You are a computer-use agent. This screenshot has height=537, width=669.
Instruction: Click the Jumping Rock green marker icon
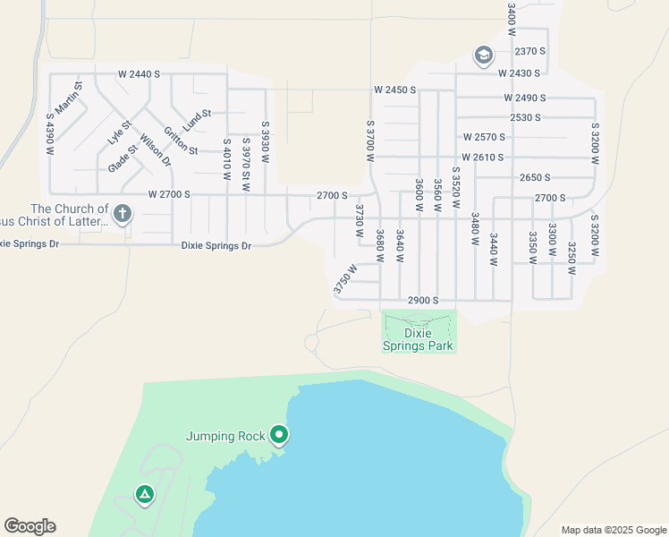point(279,436)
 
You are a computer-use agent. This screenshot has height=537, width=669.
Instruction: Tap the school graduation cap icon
point(484,55)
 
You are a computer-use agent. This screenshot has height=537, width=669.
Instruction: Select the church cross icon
point(123,214)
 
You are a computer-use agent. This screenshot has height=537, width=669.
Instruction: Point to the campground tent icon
point(143,494)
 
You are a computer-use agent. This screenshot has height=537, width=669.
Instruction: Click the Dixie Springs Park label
point(419,339)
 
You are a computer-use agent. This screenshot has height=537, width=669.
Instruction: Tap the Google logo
point(30,526)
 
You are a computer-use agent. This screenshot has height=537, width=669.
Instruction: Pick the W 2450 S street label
point(396,90)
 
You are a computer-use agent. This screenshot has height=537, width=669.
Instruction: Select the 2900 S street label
point(423,301)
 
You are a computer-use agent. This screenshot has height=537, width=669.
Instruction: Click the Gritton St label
point(181,140)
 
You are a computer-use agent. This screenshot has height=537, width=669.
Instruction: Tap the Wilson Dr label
point(154,149)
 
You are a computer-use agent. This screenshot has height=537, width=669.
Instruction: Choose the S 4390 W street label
point(49,133)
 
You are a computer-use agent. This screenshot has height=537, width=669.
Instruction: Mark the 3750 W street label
point(344,278)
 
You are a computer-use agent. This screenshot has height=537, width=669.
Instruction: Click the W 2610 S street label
point(483,158)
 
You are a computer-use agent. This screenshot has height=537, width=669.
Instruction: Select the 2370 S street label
point(530,51)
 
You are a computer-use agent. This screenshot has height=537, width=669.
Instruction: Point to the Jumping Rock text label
point(225,437)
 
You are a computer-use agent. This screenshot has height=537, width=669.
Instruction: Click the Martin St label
point(69,98)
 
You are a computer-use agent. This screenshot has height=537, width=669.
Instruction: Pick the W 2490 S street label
point(524,98)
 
